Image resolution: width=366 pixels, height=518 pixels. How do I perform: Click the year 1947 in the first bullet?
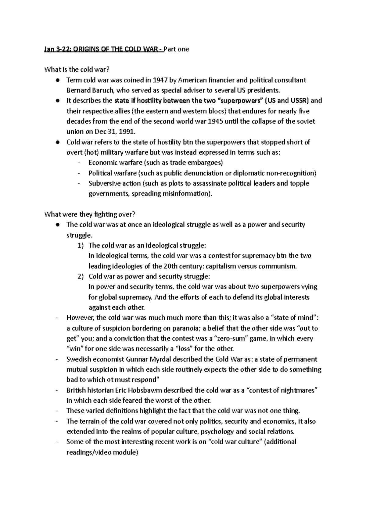pyautogui.click(x=160, y=80)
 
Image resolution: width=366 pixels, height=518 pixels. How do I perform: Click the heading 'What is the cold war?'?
pyautogui.click(x=77, y=70)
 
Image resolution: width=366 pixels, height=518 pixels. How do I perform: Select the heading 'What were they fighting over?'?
pyautogui.click(x=89, y=214)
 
